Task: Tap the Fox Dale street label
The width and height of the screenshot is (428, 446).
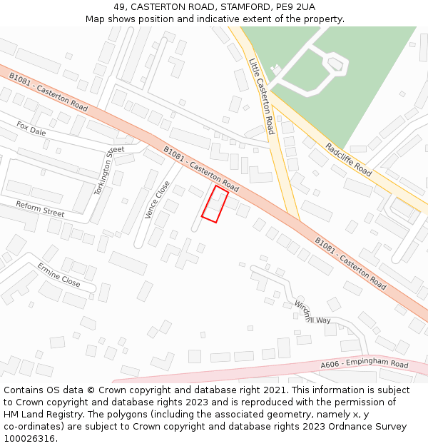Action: (x=31, y=128)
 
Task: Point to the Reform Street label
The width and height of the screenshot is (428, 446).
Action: (x=40, y=208)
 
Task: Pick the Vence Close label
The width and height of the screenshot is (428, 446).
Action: (x=158, y=199)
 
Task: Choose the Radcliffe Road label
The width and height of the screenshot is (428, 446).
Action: (x=349, y=160)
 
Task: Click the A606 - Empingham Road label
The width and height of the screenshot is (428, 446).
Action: (x=364, y=365)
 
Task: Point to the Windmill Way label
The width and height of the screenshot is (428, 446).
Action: (x=312, y=314)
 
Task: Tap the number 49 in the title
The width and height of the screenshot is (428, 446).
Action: (x=119, y=7)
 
